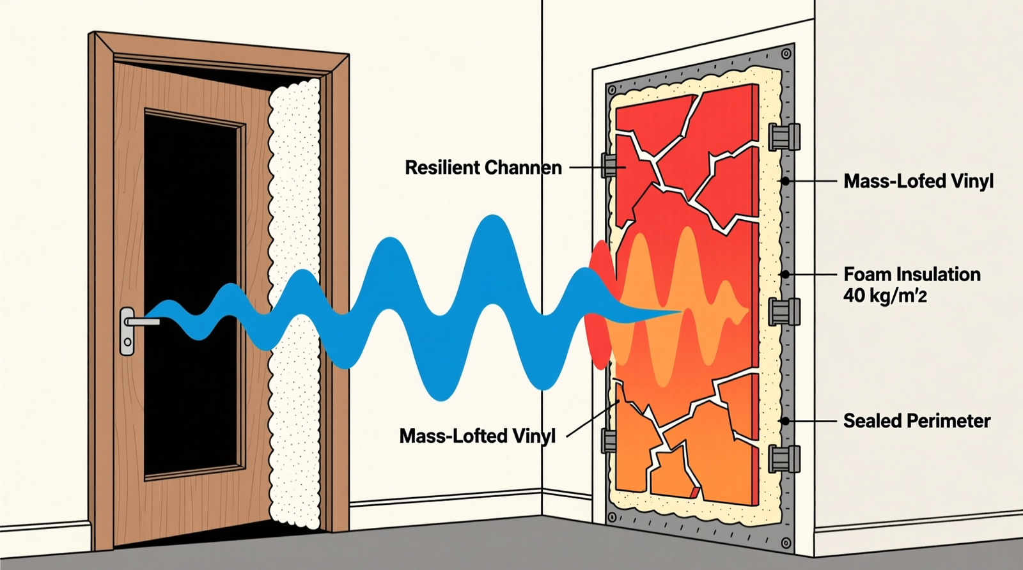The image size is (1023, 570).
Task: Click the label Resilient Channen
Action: coord(483,167)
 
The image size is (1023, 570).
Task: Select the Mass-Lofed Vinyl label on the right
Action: coord(918,181)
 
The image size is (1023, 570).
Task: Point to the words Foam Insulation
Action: coord(912,274)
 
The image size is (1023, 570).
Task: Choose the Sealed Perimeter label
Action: coord(917,421)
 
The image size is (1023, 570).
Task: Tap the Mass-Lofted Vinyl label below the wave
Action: coord(478,436)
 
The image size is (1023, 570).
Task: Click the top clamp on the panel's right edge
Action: coord(785,137)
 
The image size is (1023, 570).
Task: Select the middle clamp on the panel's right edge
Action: coord(785,311)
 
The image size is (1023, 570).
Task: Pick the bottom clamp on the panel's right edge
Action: coord(785,459)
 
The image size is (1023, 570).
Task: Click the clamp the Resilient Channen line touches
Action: coord(609,166)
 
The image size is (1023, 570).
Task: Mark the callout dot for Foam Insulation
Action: coord(785,274)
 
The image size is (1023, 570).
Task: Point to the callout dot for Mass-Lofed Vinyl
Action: coord(785,181)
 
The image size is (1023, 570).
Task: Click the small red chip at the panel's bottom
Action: coord(694,493)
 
